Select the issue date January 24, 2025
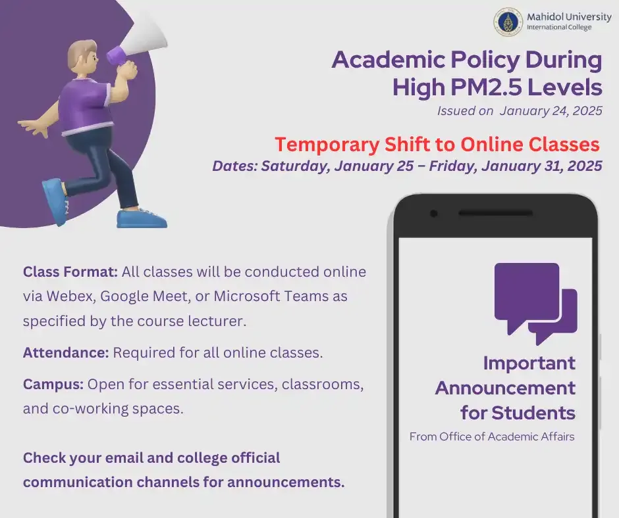point(551,111)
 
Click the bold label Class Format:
point(70,271)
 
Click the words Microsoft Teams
point(272,296)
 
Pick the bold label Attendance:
point(66,352)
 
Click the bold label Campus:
point(53,384)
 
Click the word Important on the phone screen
point(529,363)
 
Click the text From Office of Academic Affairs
point(492,436)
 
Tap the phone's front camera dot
point(433,214)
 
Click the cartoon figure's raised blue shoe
point(54,200)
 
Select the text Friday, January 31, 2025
point(516,166)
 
